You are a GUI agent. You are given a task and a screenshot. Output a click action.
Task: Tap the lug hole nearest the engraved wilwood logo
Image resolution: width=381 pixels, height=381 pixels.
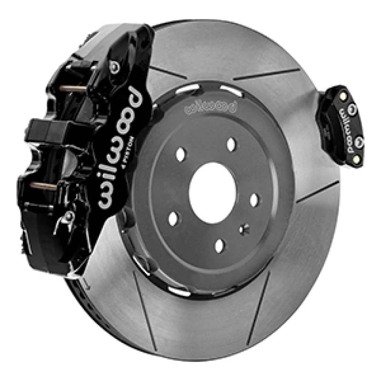(231, 144)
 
